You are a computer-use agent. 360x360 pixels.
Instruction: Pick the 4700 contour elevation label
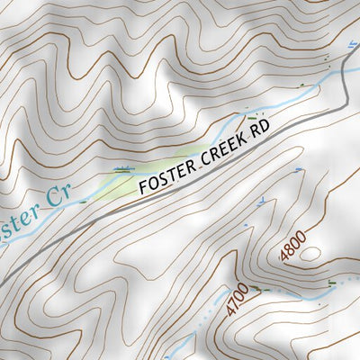237,301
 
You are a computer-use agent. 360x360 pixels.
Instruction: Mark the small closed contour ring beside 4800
310,255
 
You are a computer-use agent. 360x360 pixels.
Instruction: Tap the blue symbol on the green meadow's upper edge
121,168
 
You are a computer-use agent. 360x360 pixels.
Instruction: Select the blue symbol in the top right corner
349,43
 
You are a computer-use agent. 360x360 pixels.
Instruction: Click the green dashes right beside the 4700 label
258,288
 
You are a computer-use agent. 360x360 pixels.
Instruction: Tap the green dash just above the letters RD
255,117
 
